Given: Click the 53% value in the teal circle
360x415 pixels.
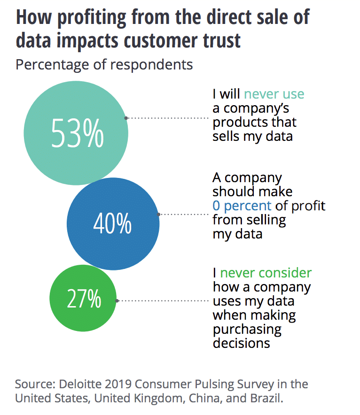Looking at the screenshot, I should point(77,133).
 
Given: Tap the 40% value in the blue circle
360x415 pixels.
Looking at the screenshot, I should point(113,224).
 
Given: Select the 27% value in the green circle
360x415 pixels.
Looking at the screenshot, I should point(84,299).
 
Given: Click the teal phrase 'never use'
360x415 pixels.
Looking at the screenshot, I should point(274,94).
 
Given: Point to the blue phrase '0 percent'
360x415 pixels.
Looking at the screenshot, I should point(242,205).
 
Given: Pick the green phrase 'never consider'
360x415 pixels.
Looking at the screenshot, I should point(266,273).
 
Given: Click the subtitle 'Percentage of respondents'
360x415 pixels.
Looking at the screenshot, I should point(104,64).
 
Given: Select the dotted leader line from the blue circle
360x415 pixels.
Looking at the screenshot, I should point(185,214).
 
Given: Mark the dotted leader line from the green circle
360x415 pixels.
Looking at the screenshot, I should point(163,300).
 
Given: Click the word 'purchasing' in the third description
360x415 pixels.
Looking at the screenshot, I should point(247,329).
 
